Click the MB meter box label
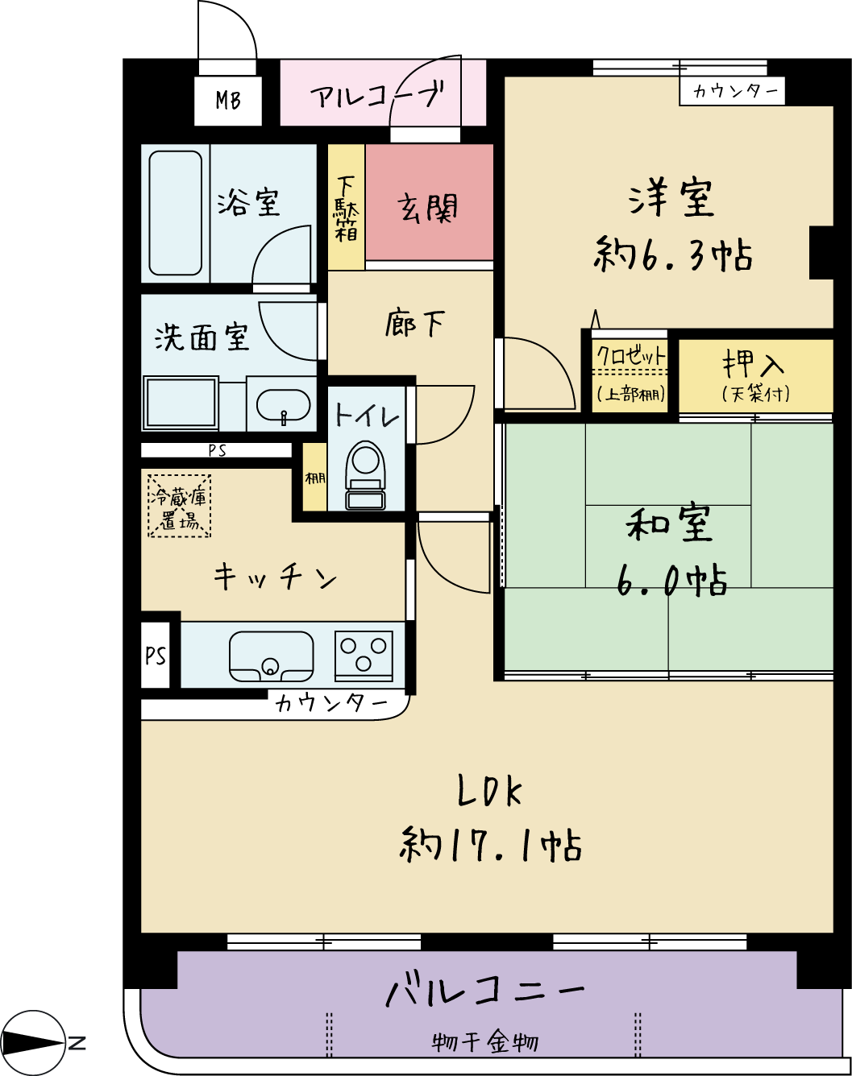[x=228, y=100]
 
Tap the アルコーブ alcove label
[x=376, y=96]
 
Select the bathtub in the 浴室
[x=175, y=213]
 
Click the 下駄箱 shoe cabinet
[x=346, y=207]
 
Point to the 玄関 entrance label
[x=428, y=208]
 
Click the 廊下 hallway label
[x=415, y=324]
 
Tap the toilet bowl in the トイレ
[x=365, y=475]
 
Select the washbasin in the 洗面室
[x=284, y=404]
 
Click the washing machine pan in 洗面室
[x=181, y=403]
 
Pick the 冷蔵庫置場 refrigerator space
[x=179, y=506]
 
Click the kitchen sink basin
[x=272, y=656]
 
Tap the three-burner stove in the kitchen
[x=364, y=656]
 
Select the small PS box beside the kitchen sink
[x=156, y=655]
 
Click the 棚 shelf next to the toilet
[x=315, y=478]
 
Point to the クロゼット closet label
[x=631, y=356]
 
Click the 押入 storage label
[x=754, y=365]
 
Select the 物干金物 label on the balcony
[x=485, y=1043]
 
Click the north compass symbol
[x=33, y=1043]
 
